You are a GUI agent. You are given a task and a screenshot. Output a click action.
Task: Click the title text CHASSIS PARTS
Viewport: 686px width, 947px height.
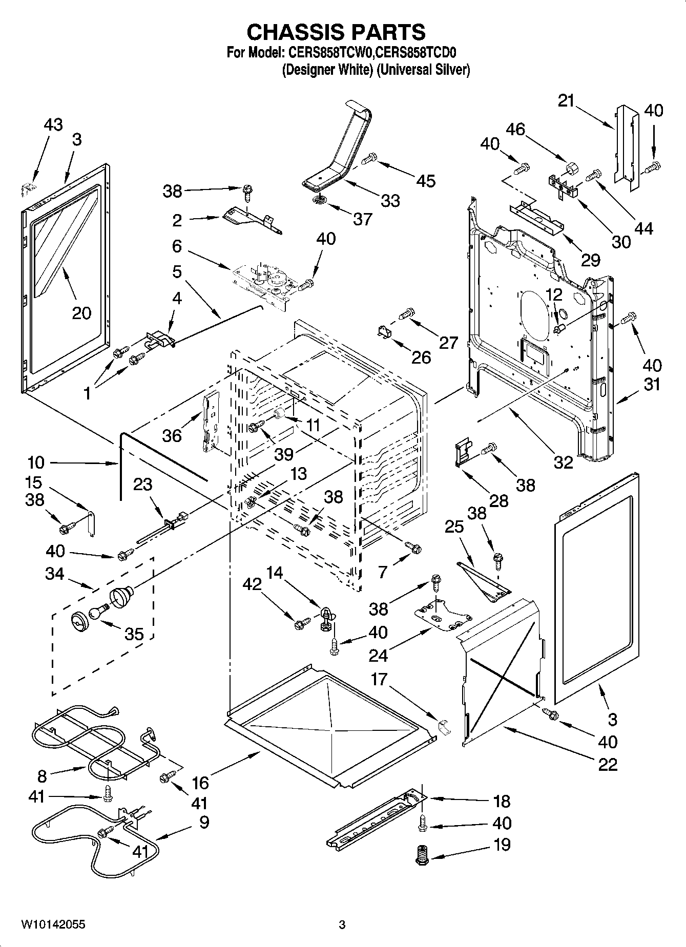336,32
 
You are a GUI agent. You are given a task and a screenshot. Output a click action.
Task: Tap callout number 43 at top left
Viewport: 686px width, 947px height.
53,124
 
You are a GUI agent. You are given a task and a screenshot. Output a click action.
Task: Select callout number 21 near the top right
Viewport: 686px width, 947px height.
566,101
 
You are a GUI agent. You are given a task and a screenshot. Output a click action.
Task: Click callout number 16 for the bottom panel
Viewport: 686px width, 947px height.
200,783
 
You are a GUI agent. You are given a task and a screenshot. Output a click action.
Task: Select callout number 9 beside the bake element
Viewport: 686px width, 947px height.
204,822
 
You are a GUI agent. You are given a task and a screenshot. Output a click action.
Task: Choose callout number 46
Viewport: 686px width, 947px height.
515,129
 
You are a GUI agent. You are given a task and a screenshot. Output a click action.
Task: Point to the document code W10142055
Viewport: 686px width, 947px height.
53,924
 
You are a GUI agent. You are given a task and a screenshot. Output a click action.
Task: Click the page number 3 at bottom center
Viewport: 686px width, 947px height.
342,924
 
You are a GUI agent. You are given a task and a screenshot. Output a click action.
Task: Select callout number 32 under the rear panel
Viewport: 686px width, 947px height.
563,462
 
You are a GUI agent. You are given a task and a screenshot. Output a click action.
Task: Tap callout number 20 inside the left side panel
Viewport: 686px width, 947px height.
81,312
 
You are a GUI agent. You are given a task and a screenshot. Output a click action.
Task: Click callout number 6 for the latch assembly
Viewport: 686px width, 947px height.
177,246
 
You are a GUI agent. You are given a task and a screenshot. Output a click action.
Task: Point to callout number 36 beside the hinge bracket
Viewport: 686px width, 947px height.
172,435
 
